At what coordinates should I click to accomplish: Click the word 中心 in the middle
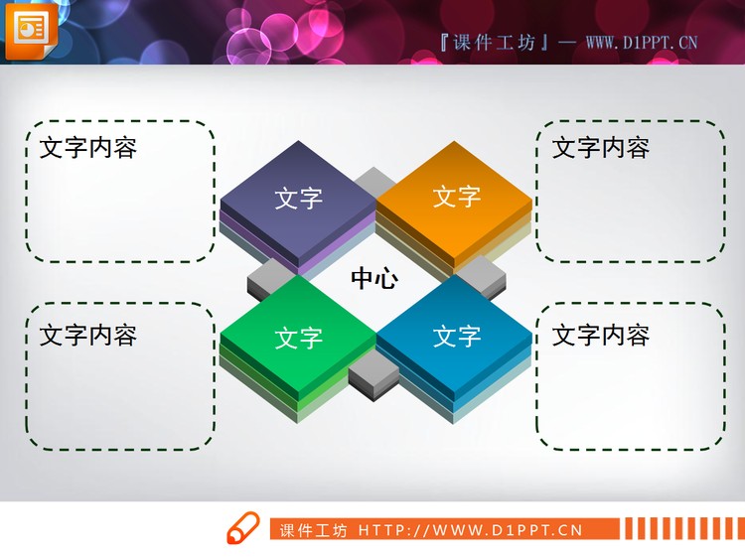(x=374, y=279)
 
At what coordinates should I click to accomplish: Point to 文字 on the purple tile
(x=299, y=199)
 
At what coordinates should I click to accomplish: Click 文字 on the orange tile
(x=457, y=196)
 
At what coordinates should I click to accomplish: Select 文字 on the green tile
(x=299, y=338)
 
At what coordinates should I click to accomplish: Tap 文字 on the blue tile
(x=457, y=336)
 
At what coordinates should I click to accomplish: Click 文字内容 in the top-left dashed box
(x=88, y=149)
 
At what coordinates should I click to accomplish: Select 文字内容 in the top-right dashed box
(x=601, y=149)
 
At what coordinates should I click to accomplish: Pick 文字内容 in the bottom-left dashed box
(x=88, y=335)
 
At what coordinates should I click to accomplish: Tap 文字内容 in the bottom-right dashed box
(x=601, y=336)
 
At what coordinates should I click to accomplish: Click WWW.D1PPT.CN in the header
(x=642, y=42)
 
